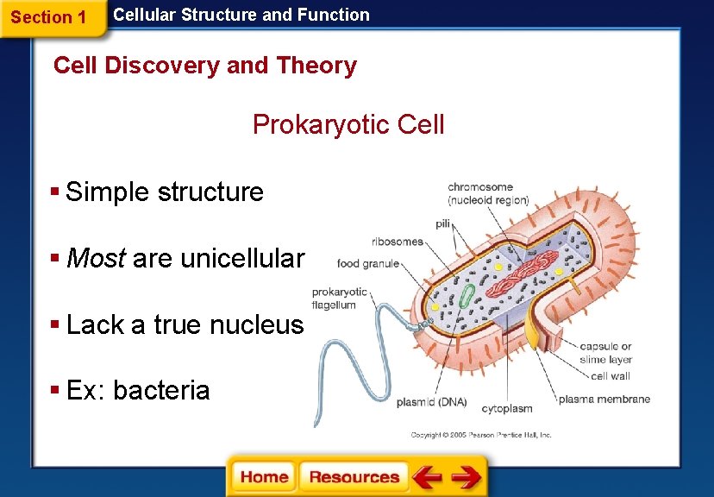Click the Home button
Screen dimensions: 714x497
tap(264, 477)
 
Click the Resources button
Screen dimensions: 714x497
tap(354, 477)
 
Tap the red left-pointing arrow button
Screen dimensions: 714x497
tap(427, 477)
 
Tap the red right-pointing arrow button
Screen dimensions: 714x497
tap(467, 477)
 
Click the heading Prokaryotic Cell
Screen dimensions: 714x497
tap(348, 124)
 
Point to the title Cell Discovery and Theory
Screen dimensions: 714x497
tap(205, 66)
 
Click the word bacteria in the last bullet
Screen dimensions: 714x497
tap(161, 390)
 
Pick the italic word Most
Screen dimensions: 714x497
tap(96, 257)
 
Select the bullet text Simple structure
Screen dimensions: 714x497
tap(164, 191)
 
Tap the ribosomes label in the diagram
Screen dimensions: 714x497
tap(398, 242)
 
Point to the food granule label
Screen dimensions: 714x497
tap(368, 263)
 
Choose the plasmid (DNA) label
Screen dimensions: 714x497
tap(432, 402)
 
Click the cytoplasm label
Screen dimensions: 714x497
tap(506, 408)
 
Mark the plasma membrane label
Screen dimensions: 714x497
tap(604, 399)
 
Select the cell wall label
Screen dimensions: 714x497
tap(611, 376)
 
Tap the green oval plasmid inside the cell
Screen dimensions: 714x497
tap(467, 297)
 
